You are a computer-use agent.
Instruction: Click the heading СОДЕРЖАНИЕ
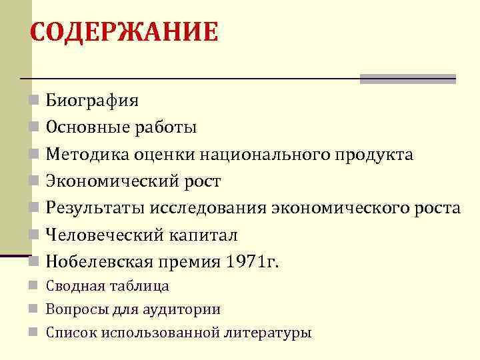coord(124,32)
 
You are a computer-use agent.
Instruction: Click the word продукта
coord(374,155)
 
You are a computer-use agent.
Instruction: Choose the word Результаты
coord(90,208)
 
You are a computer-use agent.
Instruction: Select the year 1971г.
coord(254,262)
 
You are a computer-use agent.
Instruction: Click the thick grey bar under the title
coord(407,79)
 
